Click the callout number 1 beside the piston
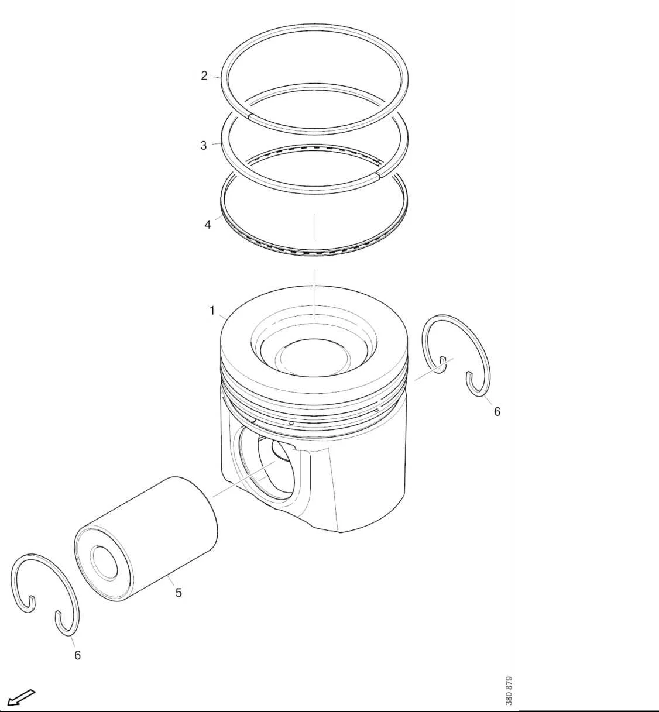[x=212, y=311]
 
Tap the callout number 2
[x=204, y=75]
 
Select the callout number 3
[x=204, y=145]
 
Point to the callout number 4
[x=208, y=225]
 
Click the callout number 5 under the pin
[x=179, y=593]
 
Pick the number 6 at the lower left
[x=77, y=655]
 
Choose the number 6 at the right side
[x=497, y=411]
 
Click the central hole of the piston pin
[x=105, y=562]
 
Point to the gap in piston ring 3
[x=377, y=174]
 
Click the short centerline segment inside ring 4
[x=314, y=226]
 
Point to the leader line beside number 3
[x=217, y=143]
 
